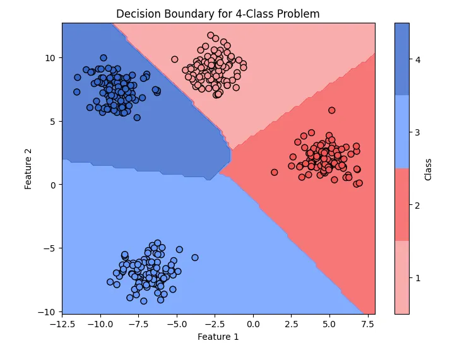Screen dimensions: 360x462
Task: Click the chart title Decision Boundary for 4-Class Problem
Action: tap(218, 14)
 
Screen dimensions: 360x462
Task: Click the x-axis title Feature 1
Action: tap(218, 337)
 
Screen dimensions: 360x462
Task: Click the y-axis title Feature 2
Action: tap(28, 168)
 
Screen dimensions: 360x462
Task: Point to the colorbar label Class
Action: tap(428, 168)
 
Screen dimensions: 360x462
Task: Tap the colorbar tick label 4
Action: tap(417, 60)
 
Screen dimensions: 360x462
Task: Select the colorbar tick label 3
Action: tap(417, 132)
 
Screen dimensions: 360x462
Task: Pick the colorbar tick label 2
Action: tap(417, 205)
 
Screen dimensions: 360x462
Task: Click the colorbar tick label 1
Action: tap(417, 277)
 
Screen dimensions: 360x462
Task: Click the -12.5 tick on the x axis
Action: tap(62, 323)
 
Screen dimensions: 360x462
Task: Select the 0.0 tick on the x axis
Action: tap(253, 323)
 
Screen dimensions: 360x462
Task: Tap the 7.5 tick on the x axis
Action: tap(367, 323)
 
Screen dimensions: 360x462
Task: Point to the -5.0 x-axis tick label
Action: tap(177, 323)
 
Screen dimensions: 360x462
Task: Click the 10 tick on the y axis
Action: tap(50, 57)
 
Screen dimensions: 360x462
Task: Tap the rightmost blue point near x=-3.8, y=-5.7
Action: tap(195, 257)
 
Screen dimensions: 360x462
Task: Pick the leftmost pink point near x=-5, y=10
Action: tap(174, 59)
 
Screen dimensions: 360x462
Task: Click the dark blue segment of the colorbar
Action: tap(401, 59)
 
